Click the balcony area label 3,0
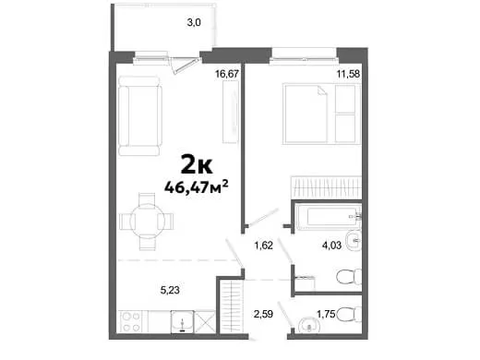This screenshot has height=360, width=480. pos(194,22)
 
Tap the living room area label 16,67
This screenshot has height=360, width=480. pos(227,74)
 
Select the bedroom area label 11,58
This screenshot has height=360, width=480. pos(348,74)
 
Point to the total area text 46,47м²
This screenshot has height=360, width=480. pos(197,186)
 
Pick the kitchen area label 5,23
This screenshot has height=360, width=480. pos(170,290)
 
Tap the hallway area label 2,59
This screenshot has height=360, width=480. pos(263,314)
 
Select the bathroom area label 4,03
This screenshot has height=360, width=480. pos(331,246)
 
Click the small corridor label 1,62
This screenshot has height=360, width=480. pos(263,246)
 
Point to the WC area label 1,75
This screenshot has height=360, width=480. pos(326,314)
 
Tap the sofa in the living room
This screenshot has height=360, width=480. pos(140,116)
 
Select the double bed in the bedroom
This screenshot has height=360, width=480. pos(321,114)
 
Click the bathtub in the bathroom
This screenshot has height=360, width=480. pos(329,217)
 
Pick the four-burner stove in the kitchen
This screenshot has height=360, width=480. pos(131,322)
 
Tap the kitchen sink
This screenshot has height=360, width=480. pos(182,322)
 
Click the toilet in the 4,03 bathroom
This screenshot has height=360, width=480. pos(350,276)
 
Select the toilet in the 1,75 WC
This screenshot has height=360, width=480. pos(350,314)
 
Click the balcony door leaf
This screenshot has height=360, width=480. pos(185,66)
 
